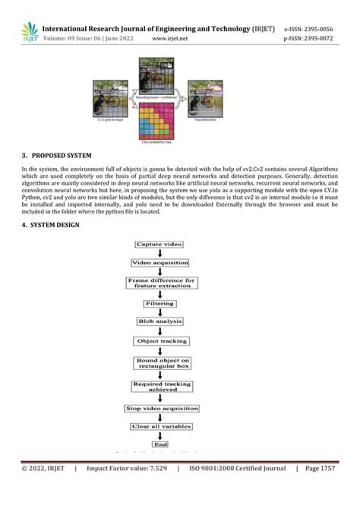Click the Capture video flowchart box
pos(159,244)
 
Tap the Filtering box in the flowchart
pos(159,303)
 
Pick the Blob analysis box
pos(159,321)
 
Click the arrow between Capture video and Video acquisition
pos(159,253)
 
